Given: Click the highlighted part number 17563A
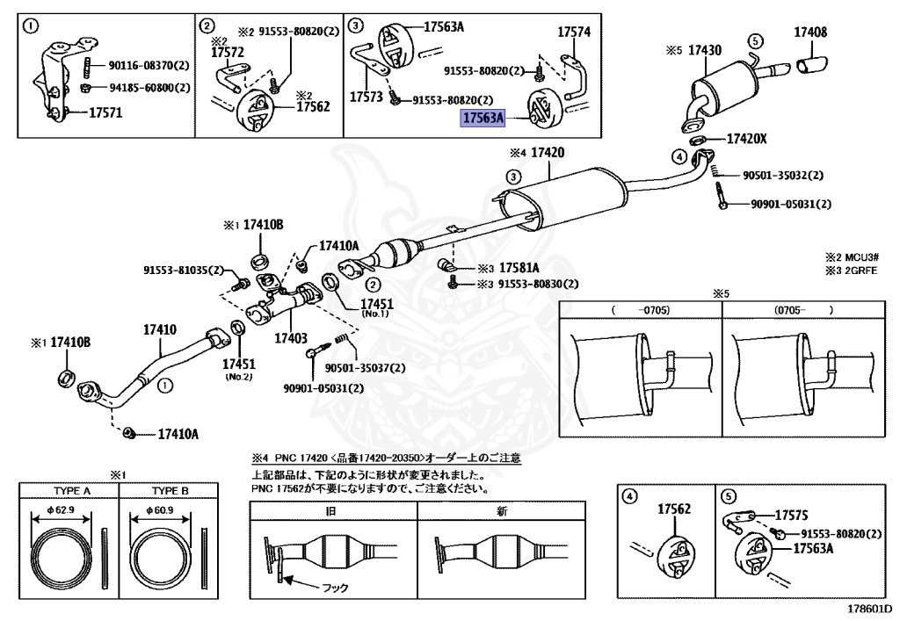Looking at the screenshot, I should pos(483,116).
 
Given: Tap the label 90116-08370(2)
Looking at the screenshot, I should pos(149,65).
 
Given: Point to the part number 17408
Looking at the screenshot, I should pos(810,32).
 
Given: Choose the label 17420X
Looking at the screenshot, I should pos(746,139).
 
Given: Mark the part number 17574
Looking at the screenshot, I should pos(574,32).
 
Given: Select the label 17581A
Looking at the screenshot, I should pos(519,267).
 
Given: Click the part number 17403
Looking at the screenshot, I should pos(290,337).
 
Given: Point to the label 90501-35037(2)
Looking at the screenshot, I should pos(365,368).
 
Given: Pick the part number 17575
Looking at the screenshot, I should pos(791,516).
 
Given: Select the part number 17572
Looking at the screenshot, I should pos(226,53).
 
